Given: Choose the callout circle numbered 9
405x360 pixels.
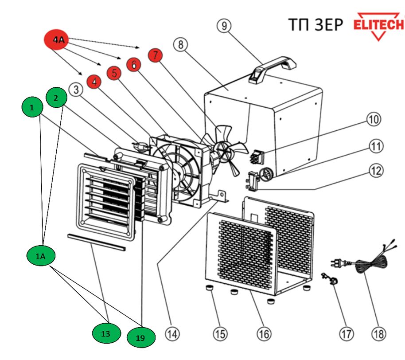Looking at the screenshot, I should click(x=224, y=26).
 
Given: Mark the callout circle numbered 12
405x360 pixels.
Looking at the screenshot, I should click(x=375, y=171).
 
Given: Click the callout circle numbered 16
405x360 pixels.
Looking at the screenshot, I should click(x=264, y=334).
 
